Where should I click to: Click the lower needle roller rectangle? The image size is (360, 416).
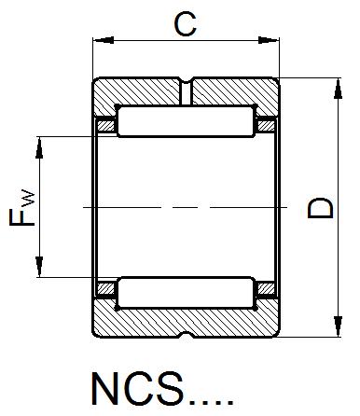click(x=186, y=292)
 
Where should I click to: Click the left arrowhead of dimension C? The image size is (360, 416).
click(x=99, y=40)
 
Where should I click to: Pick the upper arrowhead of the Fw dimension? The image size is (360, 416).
click(x=40, y=142)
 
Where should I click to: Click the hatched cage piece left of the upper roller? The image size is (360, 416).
click(x=106, y=124)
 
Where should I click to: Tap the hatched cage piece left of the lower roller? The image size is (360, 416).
click(x=106, y=291)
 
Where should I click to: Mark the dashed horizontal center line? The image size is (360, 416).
click(x=186, y=207)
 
